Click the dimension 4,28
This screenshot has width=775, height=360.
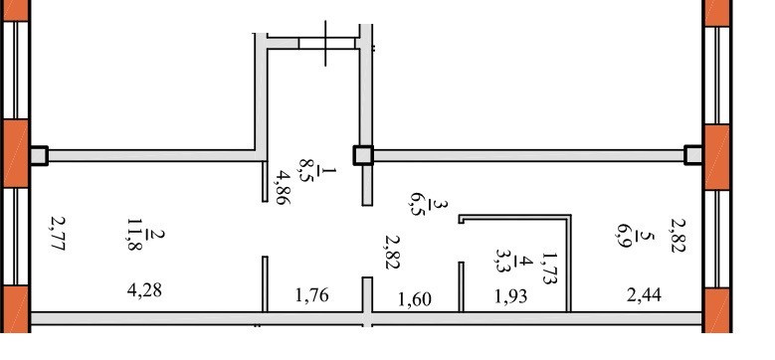pos(144,289)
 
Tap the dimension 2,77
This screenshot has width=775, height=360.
pos(58,234)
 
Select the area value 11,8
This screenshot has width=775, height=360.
pos(134,234)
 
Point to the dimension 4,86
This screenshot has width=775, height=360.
pos(284,188)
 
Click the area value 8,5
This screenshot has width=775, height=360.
pos(305,170)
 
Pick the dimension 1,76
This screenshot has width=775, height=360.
pos(311,294)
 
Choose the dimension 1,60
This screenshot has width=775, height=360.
pos(415,298)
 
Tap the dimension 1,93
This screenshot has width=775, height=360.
pos(510,295)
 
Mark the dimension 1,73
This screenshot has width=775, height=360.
pos(549,269)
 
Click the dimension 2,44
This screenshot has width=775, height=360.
pos(644,294)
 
